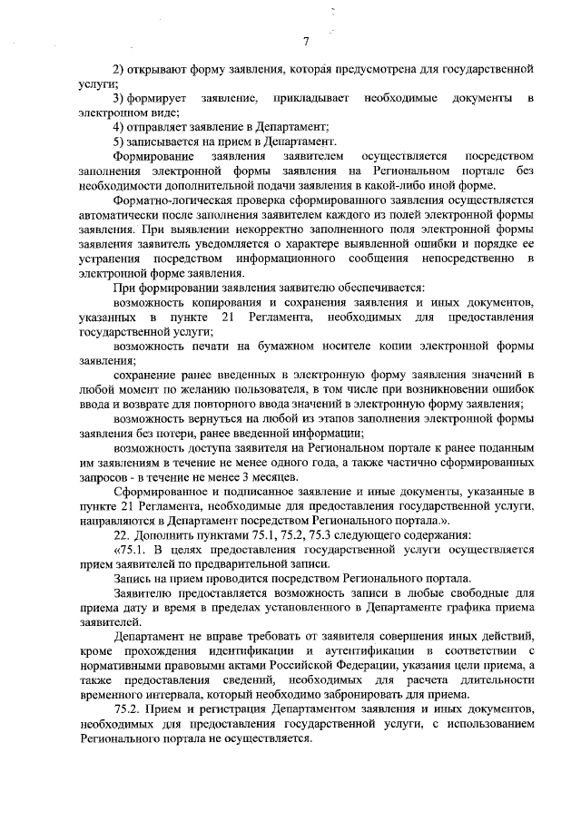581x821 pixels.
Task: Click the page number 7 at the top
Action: [x=306, y=39]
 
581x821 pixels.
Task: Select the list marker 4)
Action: [x=118, y=126]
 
